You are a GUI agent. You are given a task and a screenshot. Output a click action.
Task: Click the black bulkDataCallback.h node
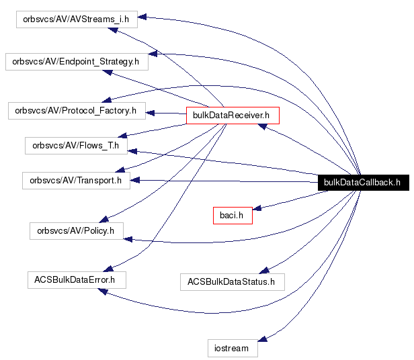click(x=362, y=182)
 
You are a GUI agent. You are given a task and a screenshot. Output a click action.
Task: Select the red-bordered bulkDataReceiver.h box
click(x=231, y=116)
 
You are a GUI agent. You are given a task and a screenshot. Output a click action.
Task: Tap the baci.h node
click(x=232, y=215)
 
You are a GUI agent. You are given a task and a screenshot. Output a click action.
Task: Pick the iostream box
click(x=233, y=348)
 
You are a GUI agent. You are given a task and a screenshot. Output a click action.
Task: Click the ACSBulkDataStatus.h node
click(x=232, y=281)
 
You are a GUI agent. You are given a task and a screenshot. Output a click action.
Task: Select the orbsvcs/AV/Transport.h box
click(x=76, y=181)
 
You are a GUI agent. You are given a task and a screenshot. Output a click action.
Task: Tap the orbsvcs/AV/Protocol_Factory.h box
click(x=75, y=110)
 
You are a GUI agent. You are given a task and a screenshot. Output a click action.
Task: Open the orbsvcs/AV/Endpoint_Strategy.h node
click(x=76, y=61)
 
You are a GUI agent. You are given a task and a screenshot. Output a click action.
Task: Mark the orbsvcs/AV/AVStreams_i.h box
click(x=77, y=19)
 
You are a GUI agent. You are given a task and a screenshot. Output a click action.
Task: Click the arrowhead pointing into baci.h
click(x=257, y=209)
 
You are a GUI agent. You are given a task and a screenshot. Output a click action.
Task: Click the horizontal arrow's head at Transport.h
click(x=134, y=180)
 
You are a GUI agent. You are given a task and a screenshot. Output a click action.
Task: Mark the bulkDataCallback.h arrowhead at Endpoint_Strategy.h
click(x=153, y=56)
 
